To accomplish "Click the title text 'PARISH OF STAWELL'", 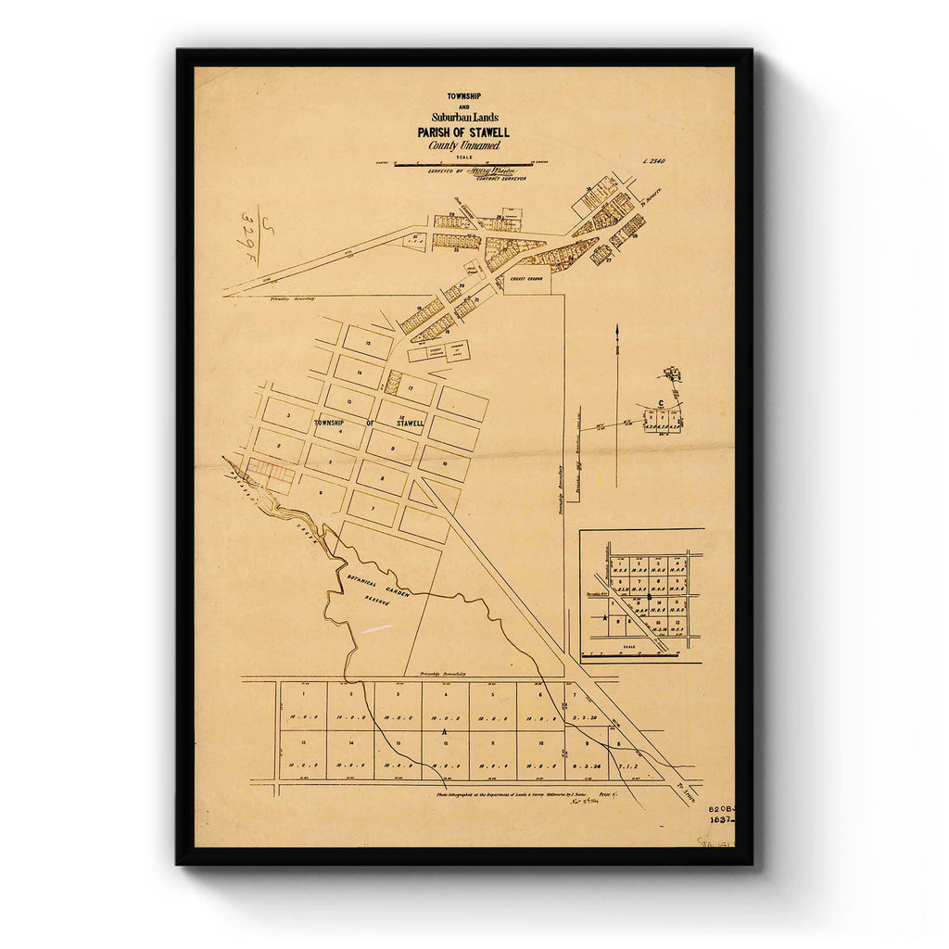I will [462, 133].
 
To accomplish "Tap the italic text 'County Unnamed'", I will [463, 146].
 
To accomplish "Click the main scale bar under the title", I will [462, 165].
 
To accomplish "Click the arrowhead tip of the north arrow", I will [616, 327].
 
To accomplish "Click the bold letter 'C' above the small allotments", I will [659, 402].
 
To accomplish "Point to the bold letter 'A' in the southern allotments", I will [445, 731].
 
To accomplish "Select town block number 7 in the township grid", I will [373, 507].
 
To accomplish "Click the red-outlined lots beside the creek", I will [271, 475].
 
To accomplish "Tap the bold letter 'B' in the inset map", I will [606, 616].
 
